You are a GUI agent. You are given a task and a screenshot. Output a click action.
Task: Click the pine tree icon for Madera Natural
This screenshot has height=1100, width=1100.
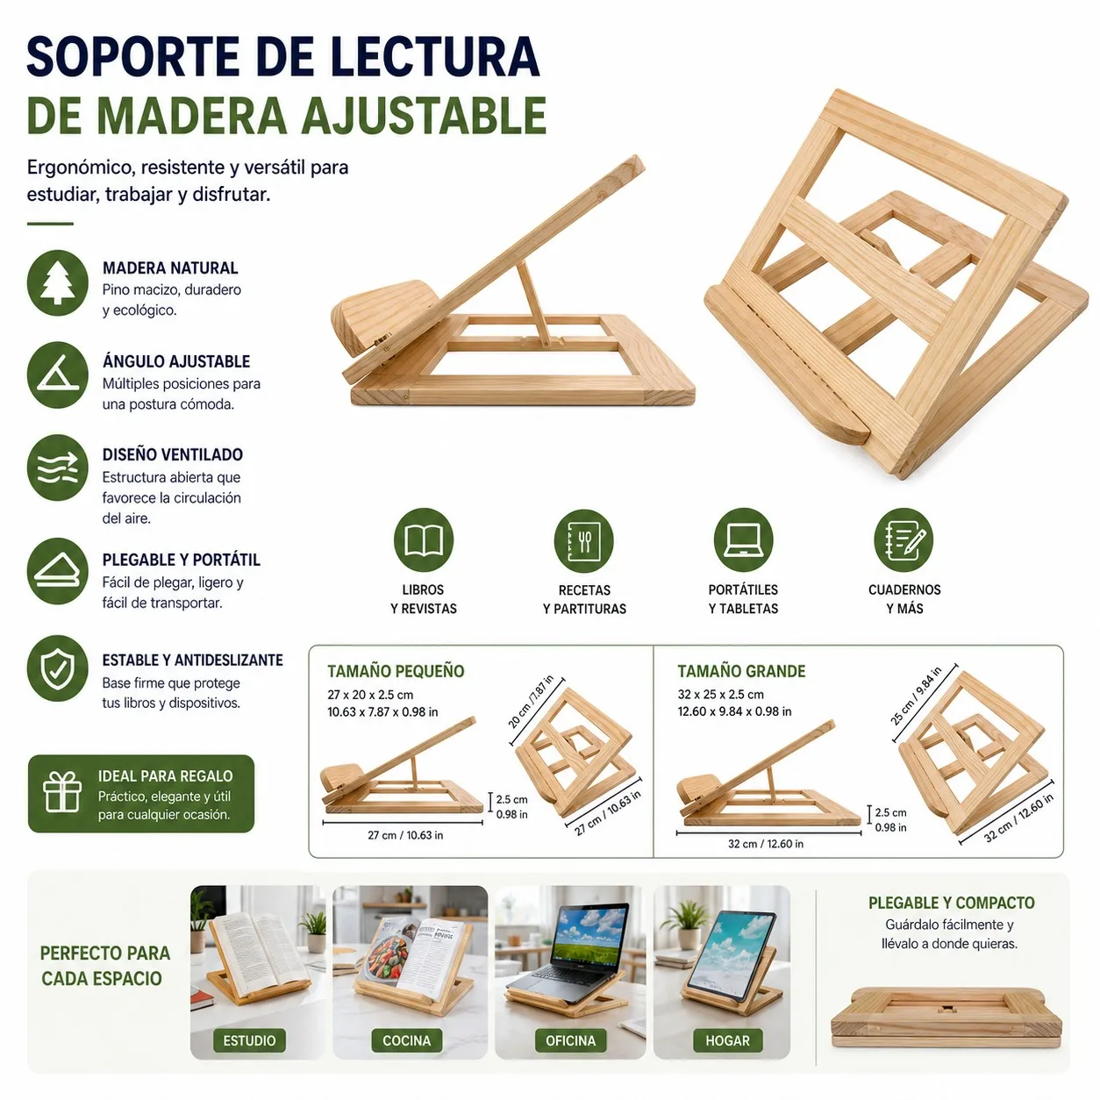[57, 282]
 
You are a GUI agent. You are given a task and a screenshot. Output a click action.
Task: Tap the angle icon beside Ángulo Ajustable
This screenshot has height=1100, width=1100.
[57, 375]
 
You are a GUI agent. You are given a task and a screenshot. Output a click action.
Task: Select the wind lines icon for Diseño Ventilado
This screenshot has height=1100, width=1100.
[57, 468]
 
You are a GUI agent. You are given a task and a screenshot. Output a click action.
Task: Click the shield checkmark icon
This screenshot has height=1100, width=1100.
[57, 668]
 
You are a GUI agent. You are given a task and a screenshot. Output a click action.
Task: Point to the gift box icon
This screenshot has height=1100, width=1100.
[62, 794]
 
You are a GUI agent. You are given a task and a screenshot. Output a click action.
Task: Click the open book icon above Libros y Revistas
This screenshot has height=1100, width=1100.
[423, 540]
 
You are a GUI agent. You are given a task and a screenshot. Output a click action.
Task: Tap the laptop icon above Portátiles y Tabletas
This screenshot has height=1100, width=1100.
[743, 540]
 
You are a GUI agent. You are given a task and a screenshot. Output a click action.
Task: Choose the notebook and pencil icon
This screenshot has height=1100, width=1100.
[903, 540]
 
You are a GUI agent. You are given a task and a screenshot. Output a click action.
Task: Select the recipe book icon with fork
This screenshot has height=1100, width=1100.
[583, 540]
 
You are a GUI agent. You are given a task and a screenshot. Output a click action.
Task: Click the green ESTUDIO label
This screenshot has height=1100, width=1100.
[249, 1040]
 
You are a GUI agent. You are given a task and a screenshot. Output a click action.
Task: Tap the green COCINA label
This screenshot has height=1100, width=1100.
[406, 1040]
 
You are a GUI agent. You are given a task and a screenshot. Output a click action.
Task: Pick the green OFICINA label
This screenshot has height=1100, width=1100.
[570, 1040]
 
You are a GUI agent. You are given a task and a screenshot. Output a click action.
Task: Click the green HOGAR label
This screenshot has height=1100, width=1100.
[727, 1040]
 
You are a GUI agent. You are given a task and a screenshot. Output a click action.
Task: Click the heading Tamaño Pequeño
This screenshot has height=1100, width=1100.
[396, 671]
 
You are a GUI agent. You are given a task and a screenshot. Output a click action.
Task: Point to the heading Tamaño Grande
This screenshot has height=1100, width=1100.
[741, 671]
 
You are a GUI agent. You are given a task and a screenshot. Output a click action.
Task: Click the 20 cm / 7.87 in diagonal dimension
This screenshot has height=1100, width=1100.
[531, 702]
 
